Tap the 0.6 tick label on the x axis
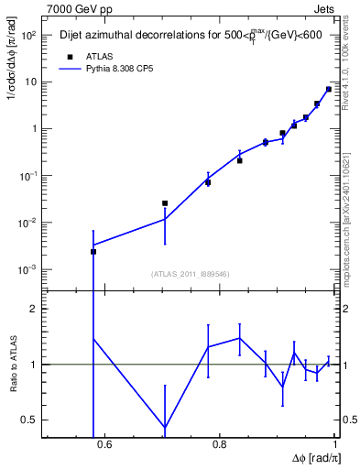pos(104,445)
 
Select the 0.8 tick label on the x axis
pos(219,445)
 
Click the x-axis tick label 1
pos(334,445)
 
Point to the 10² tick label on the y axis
pos(27,35)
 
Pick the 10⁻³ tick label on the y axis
pos(27,270)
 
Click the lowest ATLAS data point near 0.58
pos(93,251)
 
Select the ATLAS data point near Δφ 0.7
pos(165,203)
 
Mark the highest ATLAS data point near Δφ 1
pos(329,89)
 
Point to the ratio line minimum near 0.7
pos(165,428)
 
